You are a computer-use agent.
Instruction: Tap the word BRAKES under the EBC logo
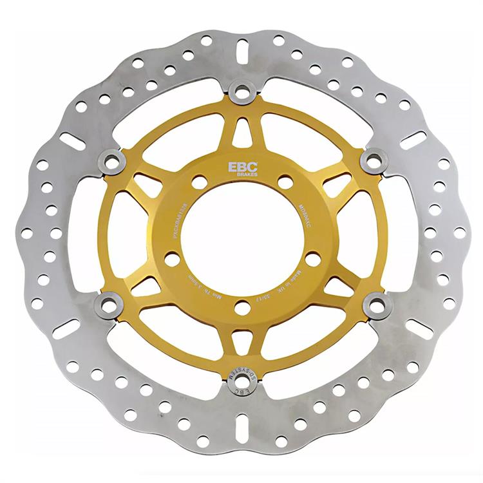point(236,175)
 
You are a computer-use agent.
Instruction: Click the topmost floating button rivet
point(243,92)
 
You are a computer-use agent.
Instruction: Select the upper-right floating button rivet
point(373,159)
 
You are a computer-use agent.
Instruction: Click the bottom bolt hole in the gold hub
point(242,308)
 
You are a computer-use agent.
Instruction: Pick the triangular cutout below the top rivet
point(243,132)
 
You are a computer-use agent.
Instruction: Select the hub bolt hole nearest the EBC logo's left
point(199,183)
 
